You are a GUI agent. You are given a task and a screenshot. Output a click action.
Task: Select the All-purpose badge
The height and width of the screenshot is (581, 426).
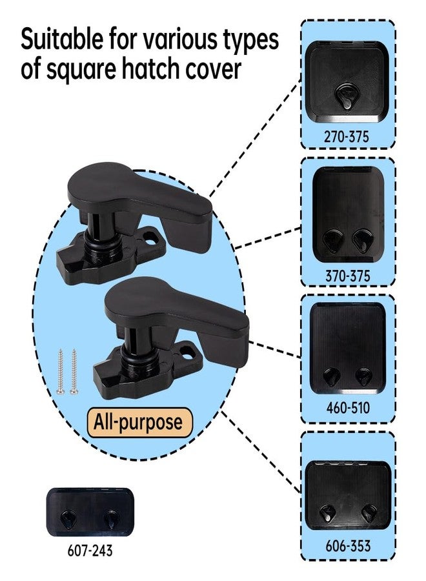tap(139, 422)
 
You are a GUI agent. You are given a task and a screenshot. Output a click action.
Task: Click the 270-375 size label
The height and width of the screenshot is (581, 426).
tap(347, 137)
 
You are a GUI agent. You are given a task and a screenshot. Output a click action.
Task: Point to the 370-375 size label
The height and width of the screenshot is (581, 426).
tap(347, 276)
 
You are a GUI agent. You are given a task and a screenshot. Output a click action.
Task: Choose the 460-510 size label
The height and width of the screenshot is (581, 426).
tap(348, 407)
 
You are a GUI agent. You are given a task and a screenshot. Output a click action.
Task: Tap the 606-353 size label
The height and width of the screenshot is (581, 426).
tap(348, 545)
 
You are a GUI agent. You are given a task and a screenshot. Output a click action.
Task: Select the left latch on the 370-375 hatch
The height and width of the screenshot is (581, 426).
tap(332, 240)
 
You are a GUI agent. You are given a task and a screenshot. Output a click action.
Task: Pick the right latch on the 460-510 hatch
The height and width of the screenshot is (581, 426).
tap(363, 376)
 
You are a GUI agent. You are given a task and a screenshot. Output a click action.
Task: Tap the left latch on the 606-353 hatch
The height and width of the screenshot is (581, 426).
tap(327, 513)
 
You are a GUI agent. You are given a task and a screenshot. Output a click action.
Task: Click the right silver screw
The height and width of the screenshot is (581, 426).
tap(74, 371)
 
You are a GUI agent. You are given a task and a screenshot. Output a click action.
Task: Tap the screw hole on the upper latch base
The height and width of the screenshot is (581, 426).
tap(150, 236)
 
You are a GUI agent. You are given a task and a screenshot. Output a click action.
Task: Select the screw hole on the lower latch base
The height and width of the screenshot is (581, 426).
tap(188, 352)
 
